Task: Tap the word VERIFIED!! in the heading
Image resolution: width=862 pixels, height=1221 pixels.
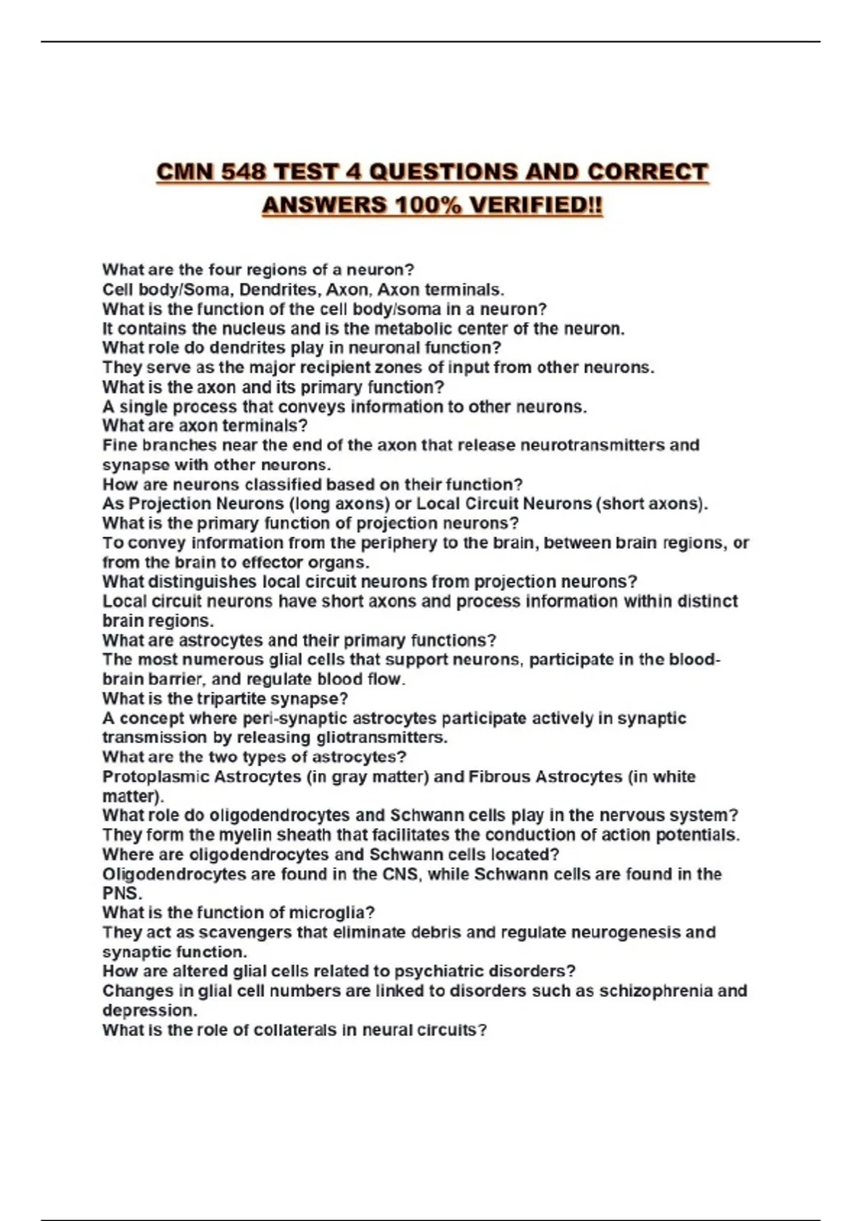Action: pos(536,205)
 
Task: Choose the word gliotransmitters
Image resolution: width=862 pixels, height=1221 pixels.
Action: pos(381,738)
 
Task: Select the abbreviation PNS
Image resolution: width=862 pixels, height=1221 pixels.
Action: pos(121,894)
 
